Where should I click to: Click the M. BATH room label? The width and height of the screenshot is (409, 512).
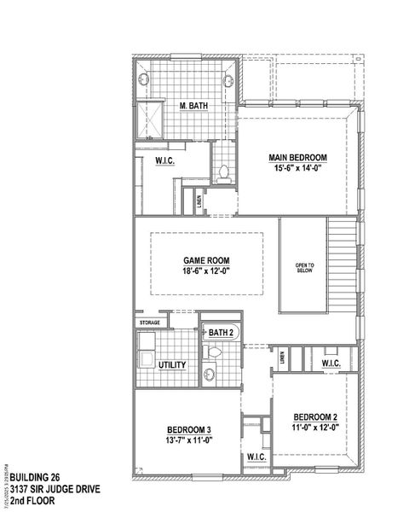tap(193, 106)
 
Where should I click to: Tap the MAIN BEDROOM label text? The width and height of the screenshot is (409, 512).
tap(297, 158)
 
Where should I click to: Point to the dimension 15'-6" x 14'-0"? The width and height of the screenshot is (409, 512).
tap(297, 169)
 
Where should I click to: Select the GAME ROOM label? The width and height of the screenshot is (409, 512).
tap(207, 260)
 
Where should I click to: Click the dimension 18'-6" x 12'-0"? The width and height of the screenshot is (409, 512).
tap(207, 271)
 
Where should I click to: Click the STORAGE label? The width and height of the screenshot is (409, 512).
tap(150, 323)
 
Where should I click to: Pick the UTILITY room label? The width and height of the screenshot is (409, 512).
tap(172, 364)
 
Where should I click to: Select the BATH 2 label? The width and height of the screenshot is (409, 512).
tap(221, 332)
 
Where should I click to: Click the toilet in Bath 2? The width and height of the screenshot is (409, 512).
tap(214, 352)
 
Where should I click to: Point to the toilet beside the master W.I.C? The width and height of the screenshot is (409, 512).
tap(224, 173)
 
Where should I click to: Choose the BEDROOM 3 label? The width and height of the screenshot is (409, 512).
tap(188, 429)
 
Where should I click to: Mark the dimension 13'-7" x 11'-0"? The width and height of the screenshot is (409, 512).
tap(188, 440)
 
